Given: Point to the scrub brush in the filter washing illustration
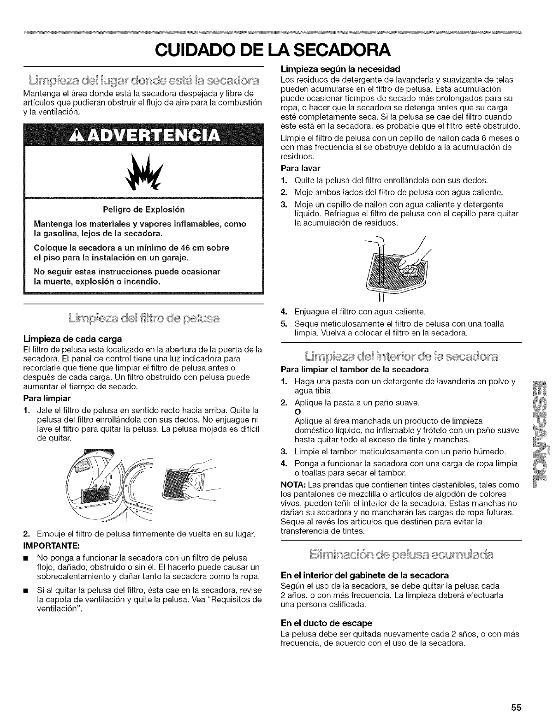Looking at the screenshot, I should tap(410, 268).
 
